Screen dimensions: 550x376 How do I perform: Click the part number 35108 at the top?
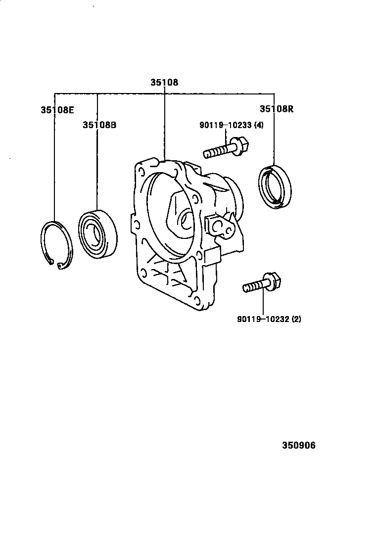(164, 83)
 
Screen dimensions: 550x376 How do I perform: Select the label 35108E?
(57, 110)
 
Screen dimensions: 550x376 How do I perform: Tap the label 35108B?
(99, 125)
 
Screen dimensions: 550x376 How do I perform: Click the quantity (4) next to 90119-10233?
(259, 125)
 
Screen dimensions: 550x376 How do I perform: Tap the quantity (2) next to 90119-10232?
(296, 319)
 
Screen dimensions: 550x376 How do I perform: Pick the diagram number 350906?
(299, 445)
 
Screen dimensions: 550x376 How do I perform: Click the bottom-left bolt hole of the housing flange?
(142, 271)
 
